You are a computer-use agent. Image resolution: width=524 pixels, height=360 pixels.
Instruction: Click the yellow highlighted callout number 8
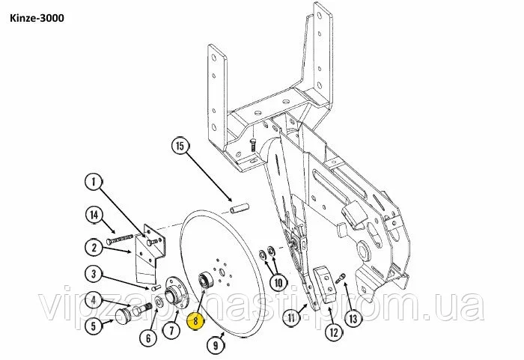pyautogui.click(x=196, y=320)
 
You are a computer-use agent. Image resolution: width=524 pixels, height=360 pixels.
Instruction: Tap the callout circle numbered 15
pyautogui.click(x=180, y=146)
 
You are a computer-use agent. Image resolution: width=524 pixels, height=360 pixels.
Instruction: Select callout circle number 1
pyautogui.click(x=94, y=182)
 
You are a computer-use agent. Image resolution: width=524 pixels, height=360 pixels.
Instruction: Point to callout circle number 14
pyautogui.click(x=94, y=215)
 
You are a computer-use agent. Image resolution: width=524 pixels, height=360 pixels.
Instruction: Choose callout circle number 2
pyautogui.click(x=94, y=248)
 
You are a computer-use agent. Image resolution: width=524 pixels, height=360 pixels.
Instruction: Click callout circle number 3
pyautogui.click(x=94, y=274)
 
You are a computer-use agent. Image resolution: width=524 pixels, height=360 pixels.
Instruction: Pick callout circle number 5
pyautogui.click(x=94, y=326)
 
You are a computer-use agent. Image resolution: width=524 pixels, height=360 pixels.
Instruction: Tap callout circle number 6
pyautogui.click(x=149, y=338)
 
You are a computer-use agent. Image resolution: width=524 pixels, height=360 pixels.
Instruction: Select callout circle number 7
pyautogui.click(x=171, y=330)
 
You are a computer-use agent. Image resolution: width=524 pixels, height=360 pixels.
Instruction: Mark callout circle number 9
pyautogui.click(x=216, y=344)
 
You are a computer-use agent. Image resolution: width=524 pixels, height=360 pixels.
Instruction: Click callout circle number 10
pyautogui.click(x=278, y=283)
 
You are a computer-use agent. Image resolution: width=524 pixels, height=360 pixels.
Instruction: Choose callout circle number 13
pyautogui.click(x=353, y=319)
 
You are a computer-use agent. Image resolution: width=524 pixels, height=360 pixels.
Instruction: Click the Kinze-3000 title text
pyautogui.click(x=37, y=18)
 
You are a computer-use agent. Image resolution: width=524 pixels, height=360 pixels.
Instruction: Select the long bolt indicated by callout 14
pyautogui.click(x=120, y=240)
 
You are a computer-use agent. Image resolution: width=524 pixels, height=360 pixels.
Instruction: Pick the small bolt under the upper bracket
pyautogui.click(x=253, y=146)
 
